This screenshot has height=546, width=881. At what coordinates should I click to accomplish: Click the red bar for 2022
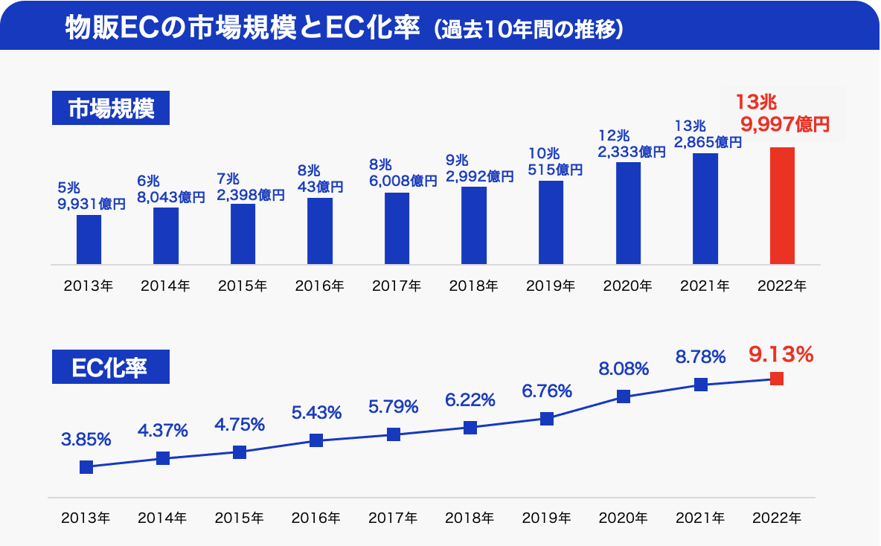782,205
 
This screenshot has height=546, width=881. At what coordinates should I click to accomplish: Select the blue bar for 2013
89,239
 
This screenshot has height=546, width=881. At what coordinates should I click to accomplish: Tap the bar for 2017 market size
397,228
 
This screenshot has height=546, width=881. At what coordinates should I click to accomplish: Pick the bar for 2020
628,213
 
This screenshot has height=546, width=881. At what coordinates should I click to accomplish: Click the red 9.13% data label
781,355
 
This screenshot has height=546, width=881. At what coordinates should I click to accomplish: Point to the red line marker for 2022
777,379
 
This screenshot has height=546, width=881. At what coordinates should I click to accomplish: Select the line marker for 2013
86,467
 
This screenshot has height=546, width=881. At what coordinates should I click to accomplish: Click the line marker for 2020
624,396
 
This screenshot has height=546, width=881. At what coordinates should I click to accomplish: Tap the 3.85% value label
86,440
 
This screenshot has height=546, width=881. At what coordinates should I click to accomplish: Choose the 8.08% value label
624,368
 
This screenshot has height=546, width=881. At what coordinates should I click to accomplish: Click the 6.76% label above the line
547,391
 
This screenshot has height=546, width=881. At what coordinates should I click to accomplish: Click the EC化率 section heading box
110,368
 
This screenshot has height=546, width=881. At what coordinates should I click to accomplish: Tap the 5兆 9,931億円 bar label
91,196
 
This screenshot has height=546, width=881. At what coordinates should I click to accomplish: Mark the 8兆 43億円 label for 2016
318,179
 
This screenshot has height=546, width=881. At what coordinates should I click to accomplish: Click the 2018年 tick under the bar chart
473,286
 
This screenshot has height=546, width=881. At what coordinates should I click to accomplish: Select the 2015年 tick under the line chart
240,518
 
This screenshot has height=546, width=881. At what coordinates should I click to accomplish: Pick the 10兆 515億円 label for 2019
554,161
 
